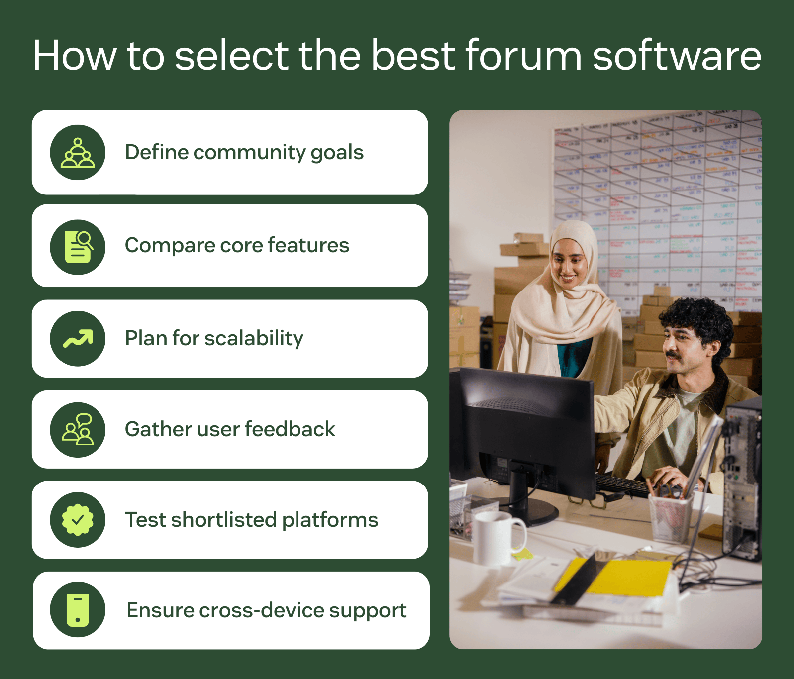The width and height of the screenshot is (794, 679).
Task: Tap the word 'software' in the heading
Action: [x=677, y=55]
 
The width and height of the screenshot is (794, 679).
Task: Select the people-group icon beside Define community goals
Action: [x=78, y=153]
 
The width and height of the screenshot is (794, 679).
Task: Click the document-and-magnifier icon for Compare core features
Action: [x=78, y=247]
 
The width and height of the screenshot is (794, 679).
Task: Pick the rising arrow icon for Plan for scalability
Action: [x=78, y=339]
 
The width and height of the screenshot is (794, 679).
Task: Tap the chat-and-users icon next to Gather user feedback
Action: [x=78, y=429]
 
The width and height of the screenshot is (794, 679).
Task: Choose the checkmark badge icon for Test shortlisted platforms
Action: [x=78, y=520]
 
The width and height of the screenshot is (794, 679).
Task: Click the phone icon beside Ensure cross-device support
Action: [x=78, y=610]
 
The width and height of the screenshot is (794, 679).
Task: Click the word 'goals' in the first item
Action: [x=337, y=153]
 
